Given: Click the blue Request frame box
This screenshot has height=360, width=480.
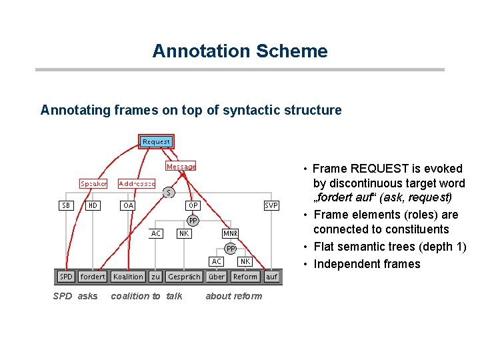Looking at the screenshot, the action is point(156,141).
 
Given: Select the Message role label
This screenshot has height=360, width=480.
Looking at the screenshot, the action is point(181,167).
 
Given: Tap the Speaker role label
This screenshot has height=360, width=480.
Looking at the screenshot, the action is point(93,183).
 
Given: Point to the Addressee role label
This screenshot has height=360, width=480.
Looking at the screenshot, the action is point(137,183).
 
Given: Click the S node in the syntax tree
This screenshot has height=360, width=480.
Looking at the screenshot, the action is point(169,193).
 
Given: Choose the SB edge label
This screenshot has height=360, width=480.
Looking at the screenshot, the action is point(66,205).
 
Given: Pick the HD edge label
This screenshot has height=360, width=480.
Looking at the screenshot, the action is point(93,205).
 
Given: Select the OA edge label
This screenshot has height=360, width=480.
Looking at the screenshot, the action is point(128,205).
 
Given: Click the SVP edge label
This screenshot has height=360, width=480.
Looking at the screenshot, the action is point(271,205).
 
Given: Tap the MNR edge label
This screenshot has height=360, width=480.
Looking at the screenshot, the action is point(231,233).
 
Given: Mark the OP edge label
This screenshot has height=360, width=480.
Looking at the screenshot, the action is point(191,205).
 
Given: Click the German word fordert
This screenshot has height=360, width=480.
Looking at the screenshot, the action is point(93,277).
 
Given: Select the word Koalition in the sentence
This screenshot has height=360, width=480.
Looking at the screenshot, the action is point(128,277).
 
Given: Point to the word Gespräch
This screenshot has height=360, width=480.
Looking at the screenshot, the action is point(185,277).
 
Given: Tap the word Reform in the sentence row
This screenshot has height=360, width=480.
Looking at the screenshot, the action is point(245,277).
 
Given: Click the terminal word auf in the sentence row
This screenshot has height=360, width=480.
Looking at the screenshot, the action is point(272,277).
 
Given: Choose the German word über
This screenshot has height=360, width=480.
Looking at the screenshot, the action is point(217,277).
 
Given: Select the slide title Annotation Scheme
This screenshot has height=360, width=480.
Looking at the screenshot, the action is point(240,51).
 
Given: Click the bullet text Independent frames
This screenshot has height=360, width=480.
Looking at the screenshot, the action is point(367,264).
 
